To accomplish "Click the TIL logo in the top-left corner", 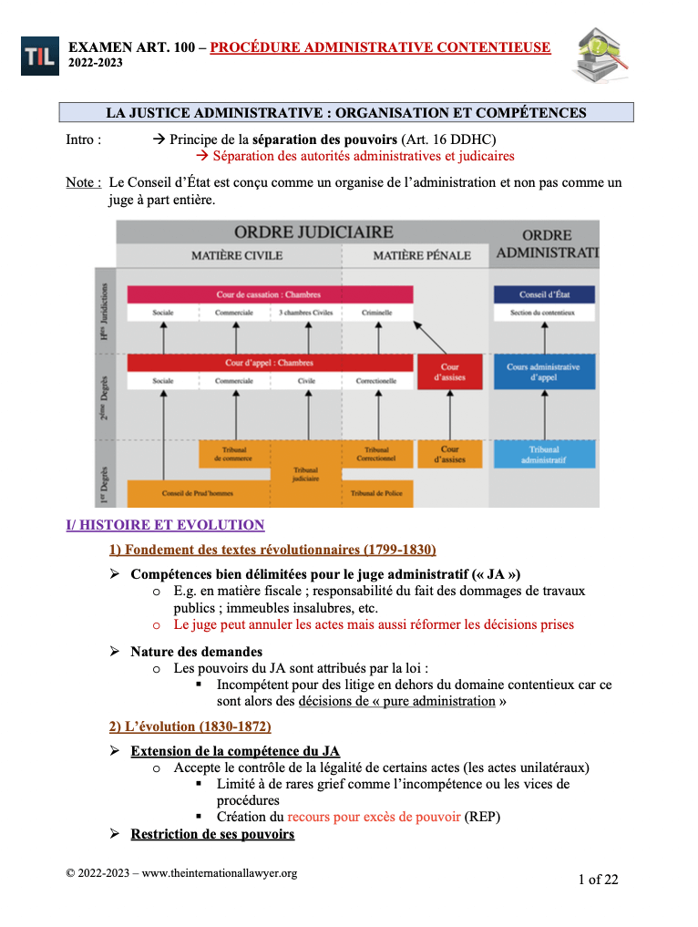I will (38, 56).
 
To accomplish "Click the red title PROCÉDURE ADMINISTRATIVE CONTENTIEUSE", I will (380, 46).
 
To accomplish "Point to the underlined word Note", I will (83, 182).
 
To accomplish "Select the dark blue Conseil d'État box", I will (544, 294).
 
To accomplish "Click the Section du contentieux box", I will (544, 314).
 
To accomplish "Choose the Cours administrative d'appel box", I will (544, 372).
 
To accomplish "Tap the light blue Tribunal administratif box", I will (544, 454).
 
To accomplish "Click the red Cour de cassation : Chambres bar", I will (270, 294).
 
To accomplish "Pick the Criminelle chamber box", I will (376, 314).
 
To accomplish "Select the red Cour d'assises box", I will (450, 372).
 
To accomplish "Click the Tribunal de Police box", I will (376, 493).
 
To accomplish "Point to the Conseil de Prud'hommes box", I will (198, 493).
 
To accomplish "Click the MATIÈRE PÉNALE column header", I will (422, 255).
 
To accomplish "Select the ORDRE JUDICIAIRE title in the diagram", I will (313, 232).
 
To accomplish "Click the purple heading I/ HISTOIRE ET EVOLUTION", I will (165, 525).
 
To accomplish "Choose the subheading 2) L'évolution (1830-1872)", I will (190, 726).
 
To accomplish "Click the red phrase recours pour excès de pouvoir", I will (374, 817).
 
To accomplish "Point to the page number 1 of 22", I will (598, 879).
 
